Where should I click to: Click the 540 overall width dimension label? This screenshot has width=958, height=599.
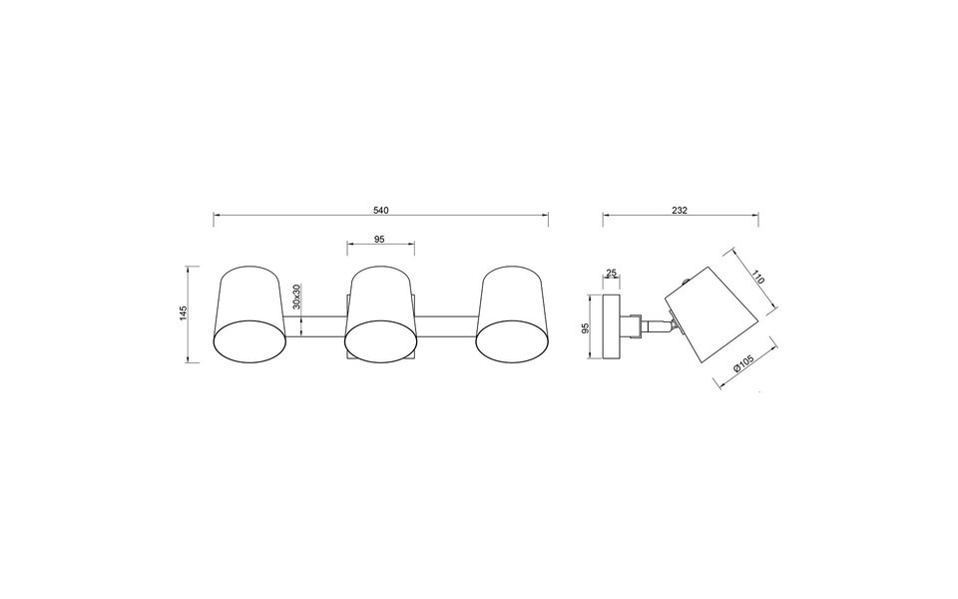tap(380, 210)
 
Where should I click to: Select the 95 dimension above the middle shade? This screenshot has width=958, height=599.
tap(379, 240)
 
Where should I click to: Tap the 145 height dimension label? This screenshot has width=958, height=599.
tap(183, 313)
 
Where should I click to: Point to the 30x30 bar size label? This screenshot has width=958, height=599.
tap(297, 297)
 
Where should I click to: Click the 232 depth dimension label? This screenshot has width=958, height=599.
tap(681, 210)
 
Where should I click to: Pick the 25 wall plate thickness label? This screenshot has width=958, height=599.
tap(611, 274)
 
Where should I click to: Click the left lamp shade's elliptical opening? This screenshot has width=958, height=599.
tap(250, 339)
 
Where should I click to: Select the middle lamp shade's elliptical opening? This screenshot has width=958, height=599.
tap(379, 339)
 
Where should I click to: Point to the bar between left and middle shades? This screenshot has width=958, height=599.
tap(315, 325)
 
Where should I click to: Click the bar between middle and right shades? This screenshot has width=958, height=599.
tap(444, 325)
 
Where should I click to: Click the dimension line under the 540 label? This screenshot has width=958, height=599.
tap(380, 217)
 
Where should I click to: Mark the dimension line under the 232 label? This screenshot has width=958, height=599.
tap(681, 217)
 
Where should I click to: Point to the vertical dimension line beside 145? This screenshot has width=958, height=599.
tap(192, 313)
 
